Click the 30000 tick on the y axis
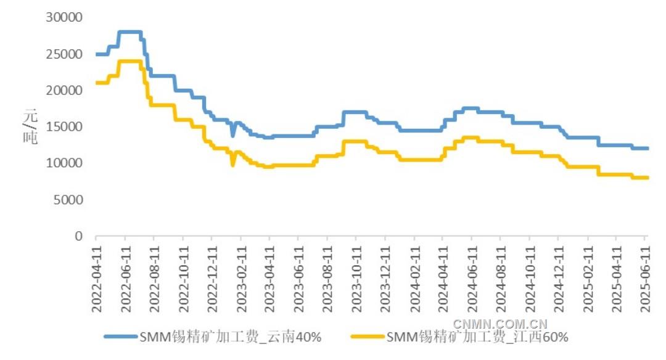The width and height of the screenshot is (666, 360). click(x=65, y=18)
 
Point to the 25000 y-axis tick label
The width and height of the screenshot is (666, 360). click(x=65, y=54)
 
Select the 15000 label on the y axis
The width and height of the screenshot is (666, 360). click(x=65, y=127)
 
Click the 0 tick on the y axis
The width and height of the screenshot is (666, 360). click(x=78, y=236)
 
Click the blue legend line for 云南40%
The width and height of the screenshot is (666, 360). click(x=120, y=337)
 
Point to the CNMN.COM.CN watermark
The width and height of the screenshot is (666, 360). click(x=500, y=324)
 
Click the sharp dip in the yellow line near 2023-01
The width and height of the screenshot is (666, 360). click(x=232, y=165)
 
